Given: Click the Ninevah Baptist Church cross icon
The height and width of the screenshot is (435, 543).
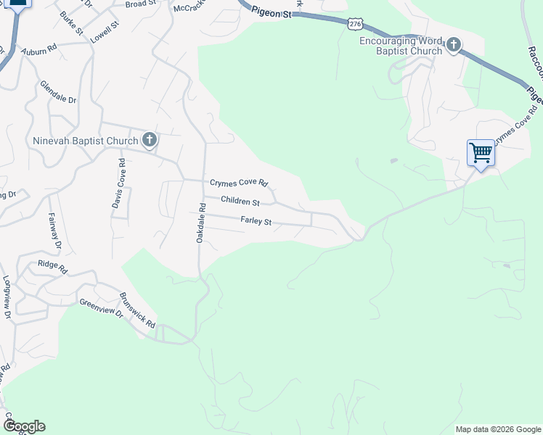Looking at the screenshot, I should [x=150, y=140].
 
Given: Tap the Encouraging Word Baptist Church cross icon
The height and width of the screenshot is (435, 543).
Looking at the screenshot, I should [x=454, y=46].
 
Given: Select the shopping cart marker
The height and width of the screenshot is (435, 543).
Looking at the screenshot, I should [x=481, y=153].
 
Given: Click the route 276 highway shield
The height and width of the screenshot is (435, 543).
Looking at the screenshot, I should [x=354, y=24].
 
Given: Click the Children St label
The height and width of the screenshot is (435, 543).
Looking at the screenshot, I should [x=240, y=202].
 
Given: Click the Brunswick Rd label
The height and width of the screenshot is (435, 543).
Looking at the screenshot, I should [x=137, y=310].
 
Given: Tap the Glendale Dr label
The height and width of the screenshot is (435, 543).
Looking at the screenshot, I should [x=58, y=92].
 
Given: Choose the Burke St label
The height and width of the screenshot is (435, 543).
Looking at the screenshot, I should [x=72, y=25].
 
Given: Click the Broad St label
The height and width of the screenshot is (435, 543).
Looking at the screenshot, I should [x=141, y=4].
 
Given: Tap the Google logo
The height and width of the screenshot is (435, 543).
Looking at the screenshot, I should [x=24, y=426].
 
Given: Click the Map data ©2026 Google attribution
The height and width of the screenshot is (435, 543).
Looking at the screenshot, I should [x=498, y=429].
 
